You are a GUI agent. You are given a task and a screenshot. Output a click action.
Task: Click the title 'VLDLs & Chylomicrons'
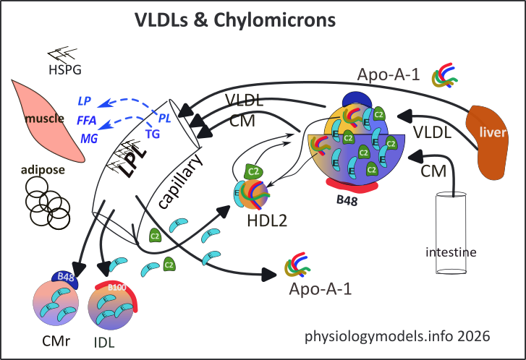pos(235,20)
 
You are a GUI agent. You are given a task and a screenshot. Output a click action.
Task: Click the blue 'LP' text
pos(84,100)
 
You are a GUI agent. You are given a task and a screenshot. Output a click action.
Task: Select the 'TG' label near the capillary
pos(153,133)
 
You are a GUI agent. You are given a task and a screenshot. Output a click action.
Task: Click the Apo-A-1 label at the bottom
pos(320,289)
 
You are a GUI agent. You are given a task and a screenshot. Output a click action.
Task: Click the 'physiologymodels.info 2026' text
pos(397,335)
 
